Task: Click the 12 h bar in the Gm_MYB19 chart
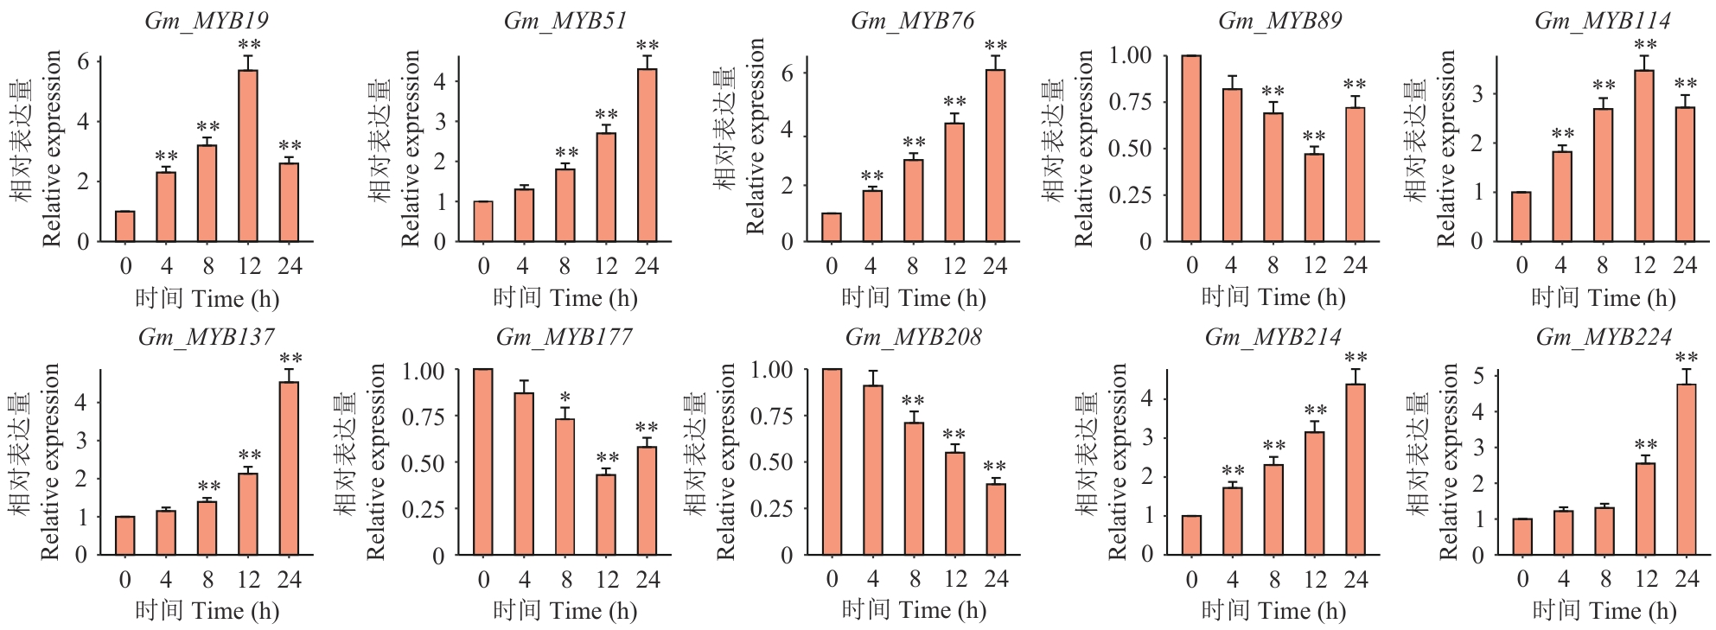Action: pyautogui.click(x=248, y=156)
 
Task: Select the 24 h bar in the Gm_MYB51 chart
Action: pyautogui.click(x=647, y=156)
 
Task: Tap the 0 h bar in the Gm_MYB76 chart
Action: pyautogui.click(x=832, y=227)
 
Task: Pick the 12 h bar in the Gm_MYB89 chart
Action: pyautogui.click(x=1314, y=197)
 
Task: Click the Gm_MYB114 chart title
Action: pyautogui.click(x=1602, y=21)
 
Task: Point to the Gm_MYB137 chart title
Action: pyautogui.click(x=206, y=336)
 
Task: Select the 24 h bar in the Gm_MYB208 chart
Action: pyautogui.click(x=996, y=519)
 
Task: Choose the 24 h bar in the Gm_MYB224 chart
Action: pyautogui.click(x=1687, y=469)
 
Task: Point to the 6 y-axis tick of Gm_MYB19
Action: pyautogui.click(x=83, y=61)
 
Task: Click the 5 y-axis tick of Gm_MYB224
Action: pyautogui.click(x=1479, y=376)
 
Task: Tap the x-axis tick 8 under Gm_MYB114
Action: pyautogui.click(x=1602, y=265)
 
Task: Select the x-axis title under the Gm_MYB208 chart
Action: pyautogui.click(x=914, y=611)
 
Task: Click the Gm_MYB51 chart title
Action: pyautogui.click(x=565, y=21)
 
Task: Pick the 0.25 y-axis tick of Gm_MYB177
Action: pyautogui.click(x=423, y=509)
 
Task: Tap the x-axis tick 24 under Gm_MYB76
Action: pyautogui.click(x=995, y=265)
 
